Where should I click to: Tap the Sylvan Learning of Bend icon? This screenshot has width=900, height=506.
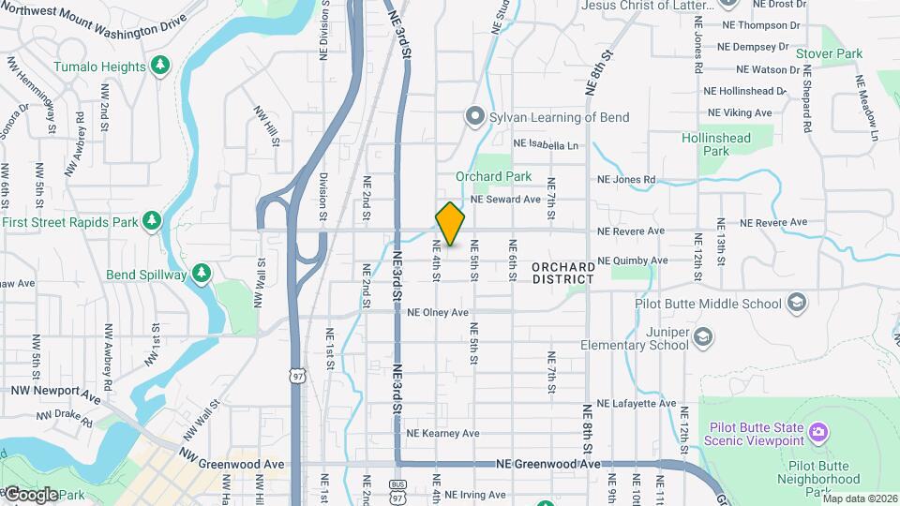(475, 117)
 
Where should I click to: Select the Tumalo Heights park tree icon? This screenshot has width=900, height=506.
(161, 66)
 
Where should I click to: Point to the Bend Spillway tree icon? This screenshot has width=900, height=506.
(201, 273)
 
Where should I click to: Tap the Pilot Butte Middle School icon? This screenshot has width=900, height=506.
(796, 303)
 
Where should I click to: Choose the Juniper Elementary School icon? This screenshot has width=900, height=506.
(704, 335)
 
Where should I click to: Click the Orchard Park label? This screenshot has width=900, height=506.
(493, 176)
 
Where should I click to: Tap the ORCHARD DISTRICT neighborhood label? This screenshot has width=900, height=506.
(562, 273)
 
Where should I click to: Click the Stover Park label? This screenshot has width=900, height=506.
(829, 54)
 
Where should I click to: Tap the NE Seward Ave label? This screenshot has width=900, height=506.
(505, 200)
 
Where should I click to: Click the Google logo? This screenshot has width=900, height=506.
(30, 494)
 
